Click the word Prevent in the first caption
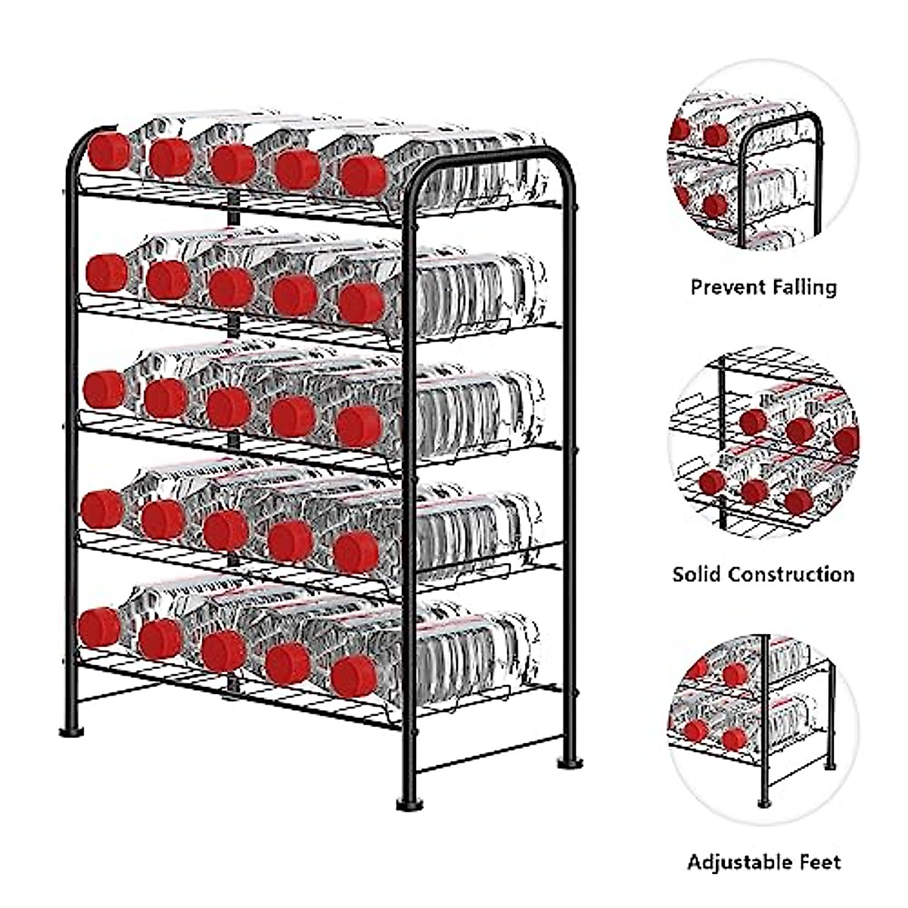727,288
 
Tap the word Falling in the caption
804,288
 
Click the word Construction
791,574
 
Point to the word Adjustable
739,862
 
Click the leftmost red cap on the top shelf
110,151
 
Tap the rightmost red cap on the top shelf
363,176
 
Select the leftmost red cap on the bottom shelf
99,627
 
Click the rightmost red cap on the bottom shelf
353,676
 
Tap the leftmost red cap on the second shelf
106,273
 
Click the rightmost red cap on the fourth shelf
356,552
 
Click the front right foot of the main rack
409,804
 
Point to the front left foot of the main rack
71,731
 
